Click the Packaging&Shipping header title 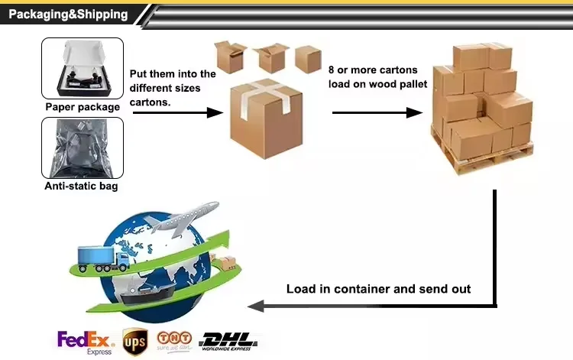(x=68, y=15)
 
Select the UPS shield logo (x=134, y=340)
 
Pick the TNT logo (x=174, y=339)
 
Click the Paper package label (x=83, y=107)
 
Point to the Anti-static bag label (x=83, y=185)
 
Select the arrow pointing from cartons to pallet (x=377, y=112)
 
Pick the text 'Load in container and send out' (x=378, y=289)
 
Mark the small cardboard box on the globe (x=226, y=264)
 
